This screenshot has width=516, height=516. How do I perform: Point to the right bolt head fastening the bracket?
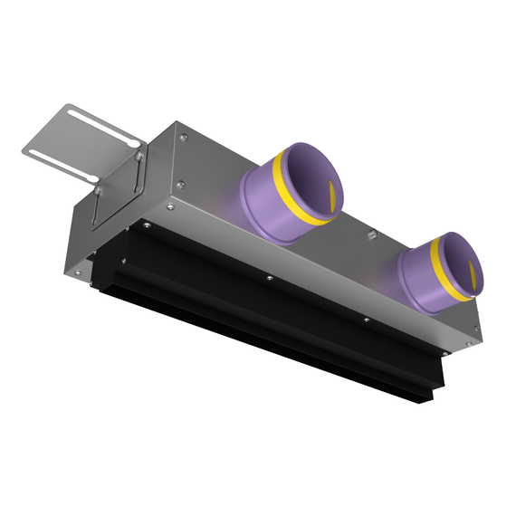coord(139,157)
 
